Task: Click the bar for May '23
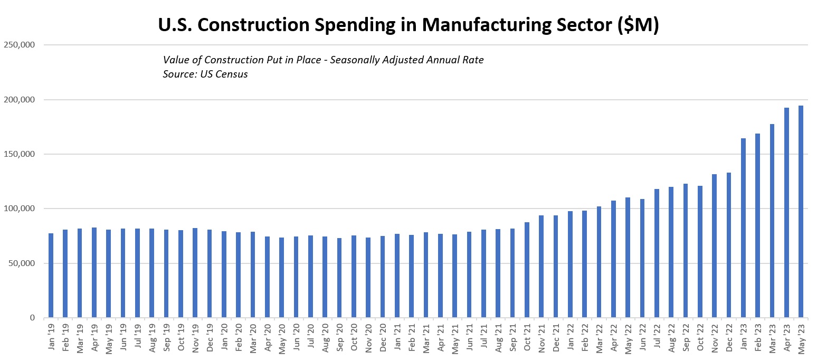tap(801, 212)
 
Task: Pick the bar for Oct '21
tap(527, 270)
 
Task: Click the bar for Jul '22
tap(657, 253)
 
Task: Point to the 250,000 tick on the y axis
tap(19, 45)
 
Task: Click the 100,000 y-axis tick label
tap(19, 209)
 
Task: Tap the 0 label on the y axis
tap(32, 318)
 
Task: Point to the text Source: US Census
tap(205, 74)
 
